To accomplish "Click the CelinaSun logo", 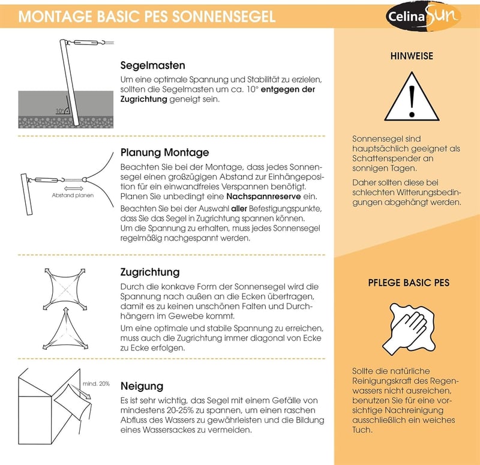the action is [x=424, y=16].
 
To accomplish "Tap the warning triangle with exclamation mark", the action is [x=412, y=97].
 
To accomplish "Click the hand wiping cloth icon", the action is [x=409, y=329].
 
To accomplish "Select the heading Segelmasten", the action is [x=153, y=65].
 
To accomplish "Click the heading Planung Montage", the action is [x=164, y=152].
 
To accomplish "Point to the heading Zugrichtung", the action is [x=150, y=272].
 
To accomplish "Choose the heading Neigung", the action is [x=142, y=386].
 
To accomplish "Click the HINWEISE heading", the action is [x=412, y=56].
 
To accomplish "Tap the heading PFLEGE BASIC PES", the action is [x=409, y=282].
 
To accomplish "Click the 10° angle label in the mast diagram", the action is [x=59, y=110].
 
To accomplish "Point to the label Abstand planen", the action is [x=73, y=196].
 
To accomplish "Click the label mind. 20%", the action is [x=96, y=383].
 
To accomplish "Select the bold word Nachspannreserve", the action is [x=263, y=196].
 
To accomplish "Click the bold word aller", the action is [x=239, y=209].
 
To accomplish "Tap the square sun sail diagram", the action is [x=65, y=289].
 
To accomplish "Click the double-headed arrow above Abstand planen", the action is [x=73, y=188].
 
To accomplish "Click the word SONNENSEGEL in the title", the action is [x=224, y=17].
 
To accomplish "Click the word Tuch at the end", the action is [x=362, y=430].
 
